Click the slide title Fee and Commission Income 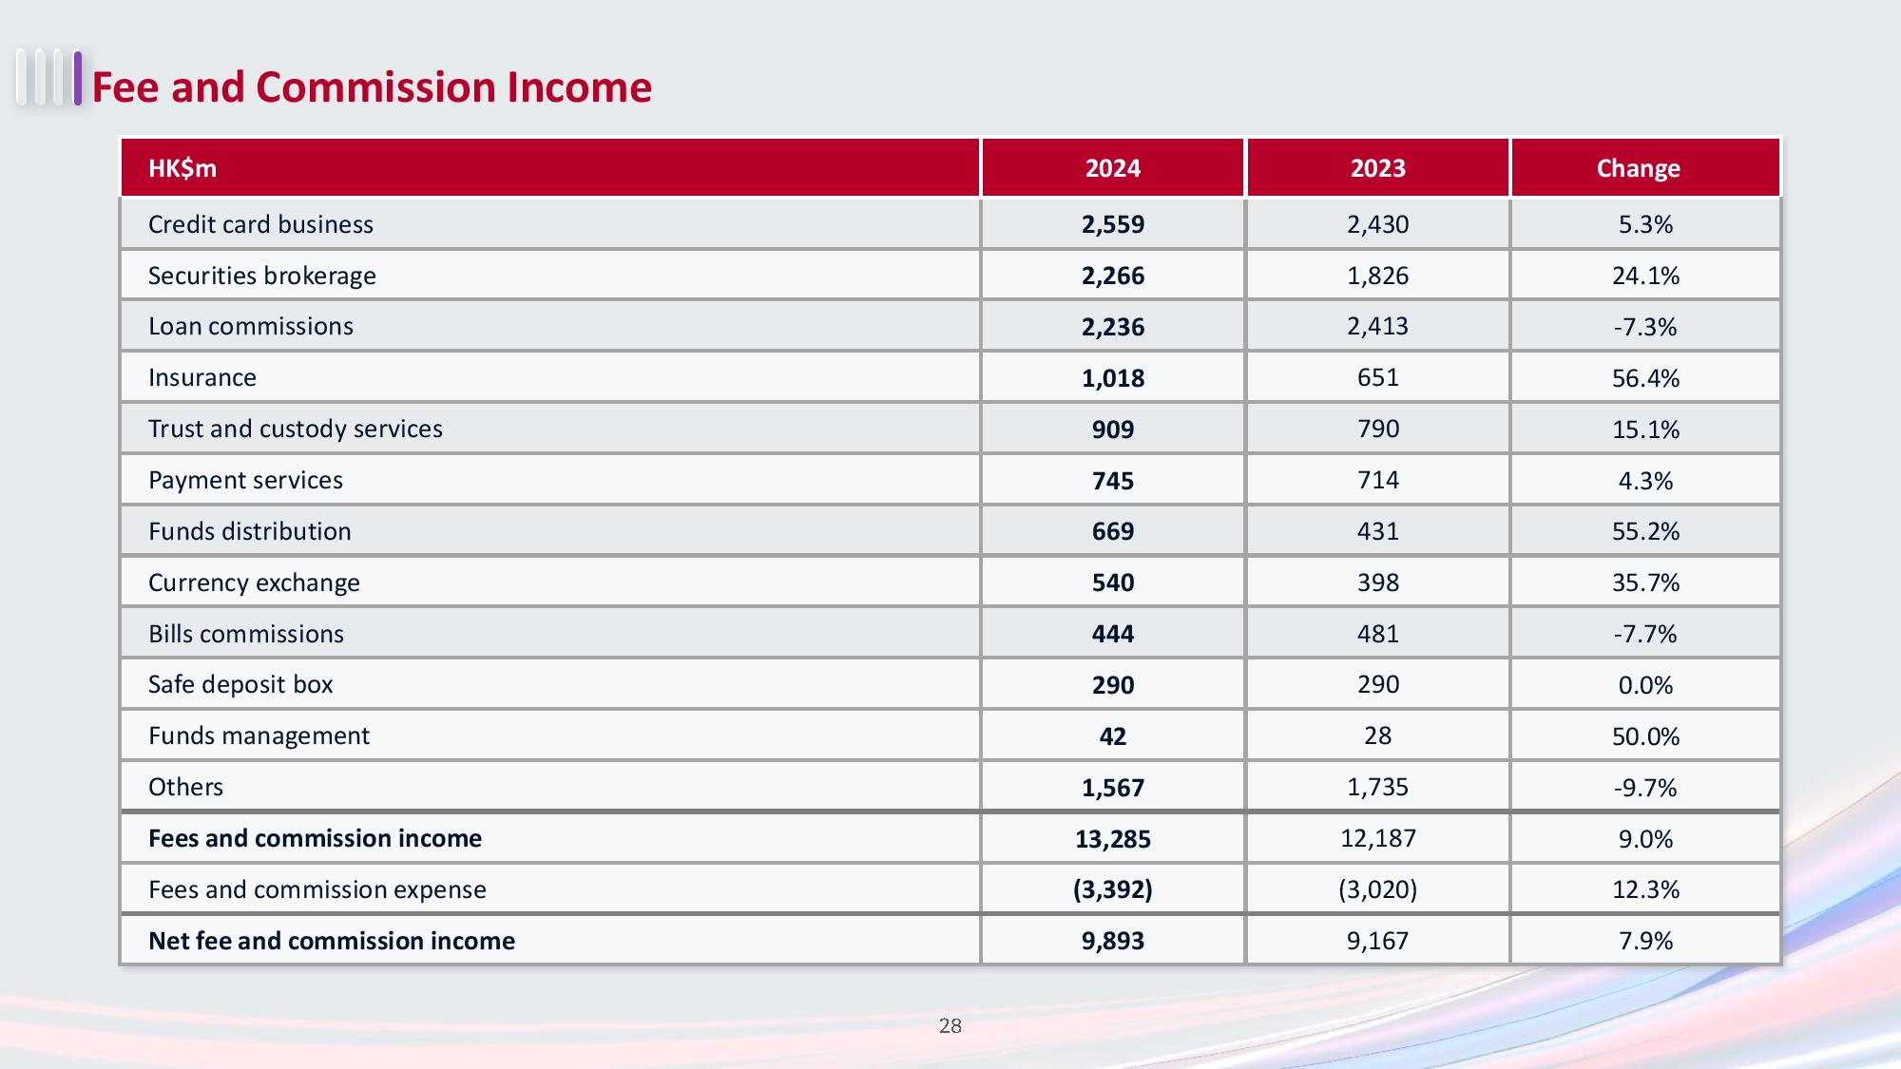372,87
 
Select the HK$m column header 182,168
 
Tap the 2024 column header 1113,168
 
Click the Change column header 1639,168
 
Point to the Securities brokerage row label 262,276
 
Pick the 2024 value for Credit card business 1113,224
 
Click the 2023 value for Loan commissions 1378,327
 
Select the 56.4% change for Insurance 1645,378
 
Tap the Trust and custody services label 296,429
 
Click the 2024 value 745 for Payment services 1113,481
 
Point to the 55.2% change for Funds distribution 1645,531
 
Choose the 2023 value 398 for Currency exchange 1378,582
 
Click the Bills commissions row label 246,634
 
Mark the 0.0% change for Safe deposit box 1645,685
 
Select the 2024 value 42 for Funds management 1113,736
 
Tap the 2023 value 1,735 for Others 1378,787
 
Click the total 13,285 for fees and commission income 1113,839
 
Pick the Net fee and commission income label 332,941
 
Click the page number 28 950,1026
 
